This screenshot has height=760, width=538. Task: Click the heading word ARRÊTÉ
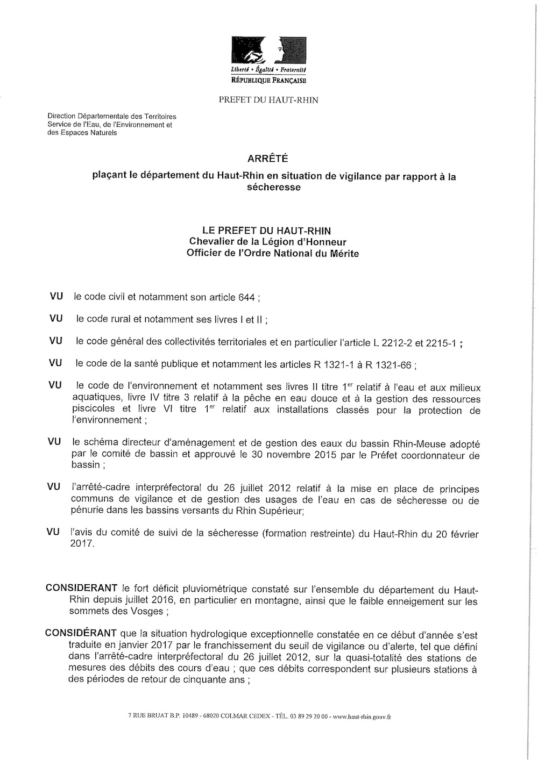pyautogui.click(x=267, y=159)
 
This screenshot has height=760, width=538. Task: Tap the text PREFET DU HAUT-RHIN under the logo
pyautogui.click(x=268, y=100)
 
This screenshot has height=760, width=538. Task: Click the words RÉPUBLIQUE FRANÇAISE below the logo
pyautogui.click(x=267, y=81)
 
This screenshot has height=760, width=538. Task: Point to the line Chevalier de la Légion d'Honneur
pyautogui.click(x=267, y=242)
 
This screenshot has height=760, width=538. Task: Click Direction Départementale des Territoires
pyautogui.click(x=112, y=116)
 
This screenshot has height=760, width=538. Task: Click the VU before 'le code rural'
pyautogui.click(x=56, y=319)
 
